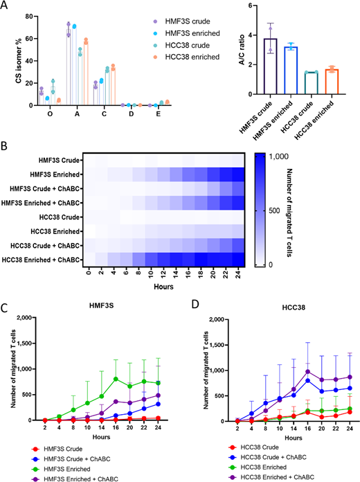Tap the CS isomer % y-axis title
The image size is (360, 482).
click(x=8, y=57)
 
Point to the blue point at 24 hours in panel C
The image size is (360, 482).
click(x=164, y=403)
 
